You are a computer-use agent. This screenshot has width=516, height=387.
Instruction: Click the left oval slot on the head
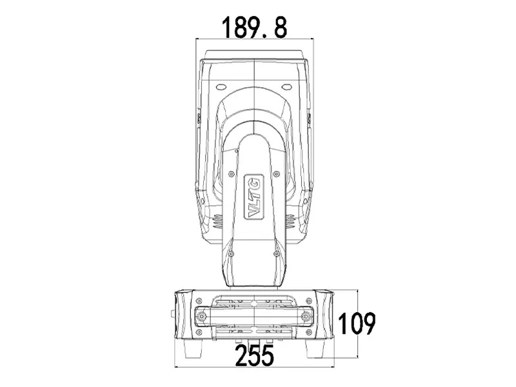pos(222,86)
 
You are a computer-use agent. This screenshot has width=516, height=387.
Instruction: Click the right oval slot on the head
pos(286,86)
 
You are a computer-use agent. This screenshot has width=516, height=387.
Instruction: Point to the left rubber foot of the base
pos(192,348)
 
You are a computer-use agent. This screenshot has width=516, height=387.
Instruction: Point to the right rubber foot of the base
pos(316,348)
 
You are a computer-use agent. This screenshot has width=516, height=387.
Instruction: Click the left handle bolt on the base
pos(203,317)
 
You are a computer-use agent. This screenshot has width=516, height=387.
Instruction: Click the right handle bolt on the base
pos(305,317)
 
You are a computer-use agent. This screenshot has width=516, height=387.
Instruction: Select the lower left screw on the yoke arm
pos(232,253)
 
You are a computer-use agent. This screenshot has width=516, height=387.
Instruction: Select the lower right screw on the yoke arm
pos(276,253)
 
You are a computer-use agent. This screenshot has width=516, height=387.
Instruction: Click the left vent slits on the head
pos(217,221)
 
